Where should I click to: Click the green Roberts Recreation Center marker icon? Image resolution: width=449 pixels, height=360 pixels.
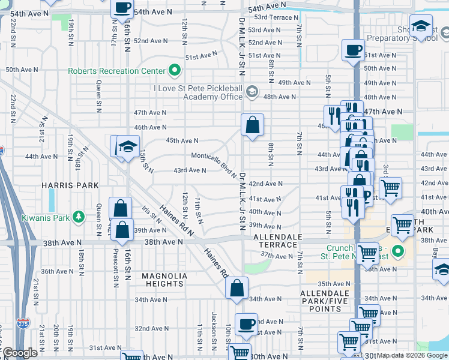click(175, 71)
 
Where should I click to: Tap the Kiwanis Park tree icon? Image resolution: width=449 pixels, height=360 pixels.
click(78, 217)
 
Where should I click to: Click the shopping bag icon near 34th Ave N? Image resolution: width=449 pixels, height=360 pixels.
click(237, 287)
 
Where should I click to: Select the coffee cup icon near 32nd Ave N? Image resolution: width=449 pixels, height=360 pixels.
click(245, 324)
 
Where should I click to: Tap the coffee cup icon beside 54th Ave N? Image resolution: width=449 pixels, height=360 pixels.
click(122, 8)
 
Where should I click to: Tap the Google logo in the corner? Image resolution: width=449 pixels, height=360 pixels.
click(20, 353)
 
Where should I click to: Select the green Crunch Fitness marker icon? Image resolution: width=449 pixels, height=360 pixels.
click(396, 250)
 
